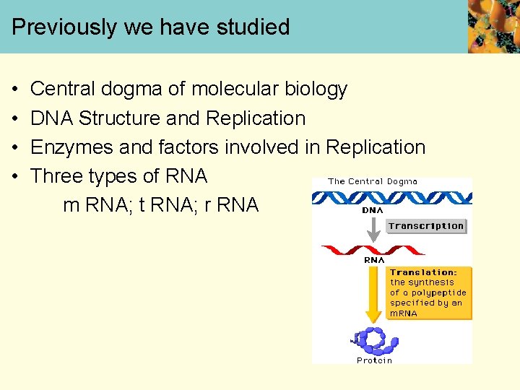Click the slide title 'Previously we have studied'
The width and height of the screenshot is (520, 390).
[150, 27]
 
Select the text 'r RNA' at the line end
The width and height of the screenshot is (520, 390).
[231, 205]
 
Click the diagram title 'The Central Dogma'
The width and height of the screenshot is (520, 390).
[373, 181]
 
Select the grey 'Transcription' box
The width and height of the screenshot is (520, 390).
[426, 226]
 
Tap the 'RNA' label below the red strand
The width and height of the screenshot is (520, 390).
[374, 260]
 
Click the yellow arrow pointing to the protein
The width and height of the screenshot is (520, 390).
[373, 292]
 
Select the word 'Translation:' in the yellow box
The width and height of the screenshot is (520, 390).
[424, 273]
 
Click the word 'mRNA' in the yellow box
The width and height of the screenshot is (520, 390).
[404, 313]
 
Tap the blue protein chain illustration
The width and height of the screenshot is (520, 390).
[374, 340]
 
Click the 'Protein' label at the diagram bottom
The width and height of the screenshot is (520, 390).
[374, 360]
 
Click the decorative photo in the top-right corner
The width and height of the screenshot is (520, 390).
[493, 27]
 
